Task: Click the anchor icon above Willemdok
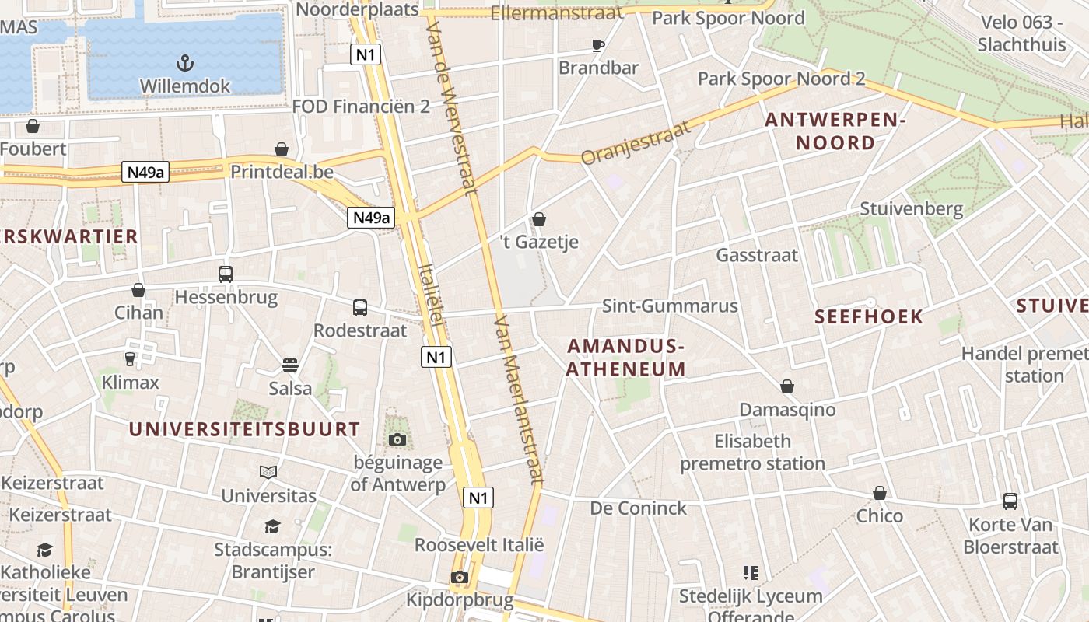(185, 62)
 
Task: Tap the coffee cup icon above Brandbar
(598, 45)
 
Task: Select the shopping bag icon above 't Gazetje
(539, 220)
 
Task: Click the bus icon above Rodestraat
(360, 308)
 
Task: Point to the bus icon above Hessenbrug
(226, 274)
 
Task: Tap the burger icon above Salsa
(290, 365)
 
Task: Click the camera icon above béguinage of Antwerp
(397, 440)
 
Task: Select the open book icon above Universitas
(268, 472)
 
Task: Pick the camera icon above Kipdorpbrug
(460, 578)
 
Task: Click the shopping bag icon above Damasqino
(787, 386)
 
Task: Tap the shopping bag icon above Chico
(880, 493)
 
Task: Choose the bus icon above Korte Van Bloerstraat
(1010, 501)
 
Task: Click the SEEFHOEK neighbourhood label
(869, 316)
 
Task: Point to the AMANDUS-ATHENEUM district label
(625, 358)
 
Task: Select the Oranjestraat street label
(636, 143)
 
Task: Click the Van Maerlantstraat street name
(517, 400)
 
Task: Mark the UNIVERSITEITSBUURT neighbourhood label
(244, 429)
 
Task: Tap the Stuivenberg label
(911, 208)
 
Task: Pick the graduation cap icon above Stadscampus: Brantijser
(272, 527)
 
